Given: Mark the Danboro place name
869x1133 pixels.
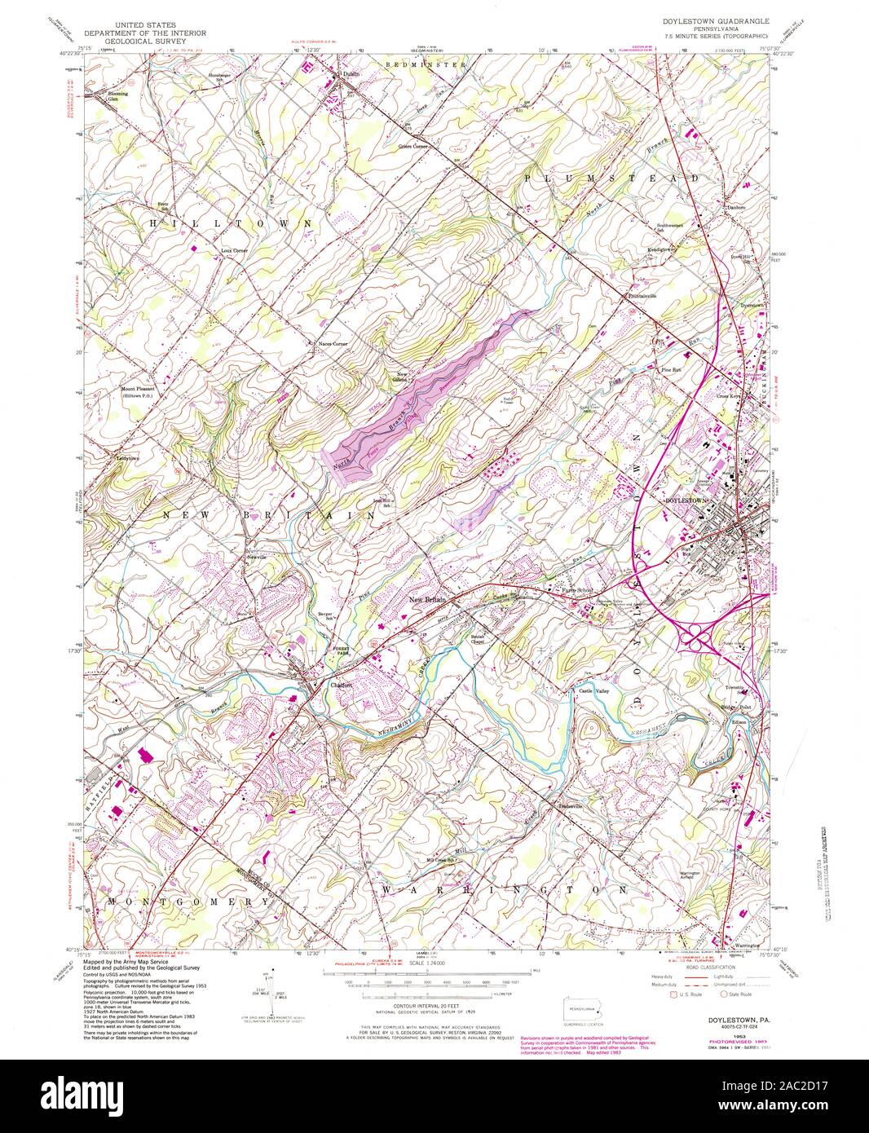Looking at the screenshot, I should (x=736, y=207).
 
